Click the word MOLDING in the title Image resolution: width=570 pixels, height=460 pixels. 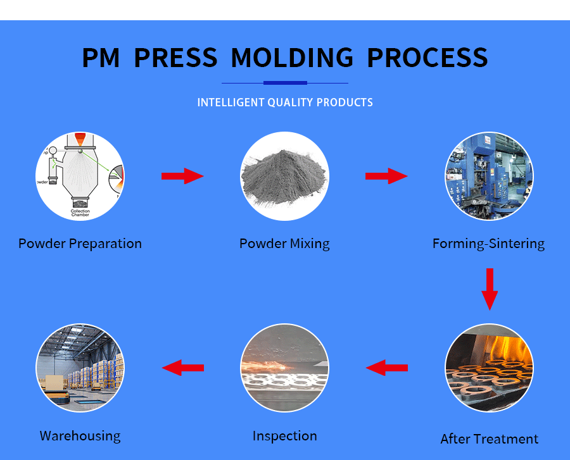coord(292,58)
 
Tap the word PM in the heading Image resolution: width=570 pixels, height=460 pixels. coord(101,58)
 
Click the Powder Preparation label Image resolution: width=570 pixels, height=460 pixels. coord(80,244)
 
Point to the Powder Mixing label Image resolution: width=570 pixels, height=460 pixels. coord(284,244)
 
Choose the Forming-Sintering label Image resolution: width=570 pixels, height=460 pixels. coord(488,244)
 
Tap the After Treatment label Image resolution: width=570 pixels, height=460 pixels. coord(490,439)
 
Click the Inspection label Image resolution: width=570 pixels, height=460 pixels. coord(284,436)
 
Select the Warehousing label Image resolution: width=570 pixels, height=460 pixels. coord(80,436)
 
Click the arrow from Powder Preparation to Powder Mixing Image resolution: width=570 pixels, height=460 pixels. coord(182,176)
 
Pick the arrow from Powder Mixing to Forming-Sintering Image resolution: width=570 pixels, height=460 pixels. coord(386,176)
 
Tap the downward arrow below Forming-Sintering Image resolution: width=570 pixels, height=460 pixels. coord(490,289)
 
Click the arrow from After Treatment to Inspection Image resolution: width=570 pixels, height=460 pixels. coord(387,368)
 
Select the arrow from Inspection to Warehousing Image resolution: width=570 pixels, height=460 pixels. coord(183,368)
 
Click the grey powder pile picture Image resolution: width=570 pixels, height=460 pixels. coord(284,176)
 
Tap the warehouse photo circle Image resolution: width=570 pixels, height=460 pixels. coord(80,368)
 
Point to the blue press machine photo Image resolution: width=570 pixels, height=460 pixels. coord(490,176)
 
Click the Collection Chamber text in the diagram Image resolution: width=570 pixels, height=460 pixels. coord(80,213)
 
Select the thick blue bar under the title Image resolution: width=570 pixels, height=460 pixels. coord(285,83)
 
